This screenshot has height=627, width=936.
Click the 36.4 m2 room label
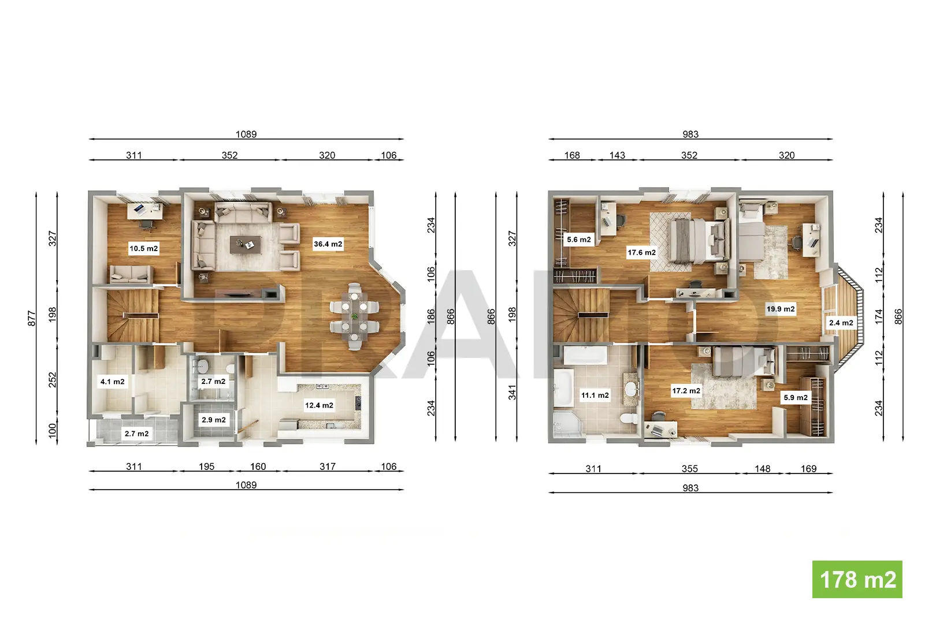pyautogui.click(x=328, y=244)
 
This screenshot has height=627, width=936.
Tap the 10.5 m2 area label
pyautogui.click(x=144, y=248)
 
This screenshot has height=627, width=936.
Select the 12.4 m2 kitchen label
pyautogui.click(x=320, y=405)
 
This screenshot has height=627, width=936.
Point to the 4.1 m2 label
pyautogui.click(x=113, y=382)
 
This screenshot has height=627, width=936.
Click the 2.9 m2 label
pyautogui.click(x=214, y=420)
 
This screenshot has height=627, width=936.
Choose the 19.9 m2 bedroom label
pyautogui.click(x=781, y=309)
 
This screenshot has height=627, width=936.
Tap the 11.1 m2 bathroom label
pyautogui.click(x=595, y=395)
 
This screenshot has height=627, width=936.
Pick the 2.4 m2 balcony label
pyautogui.click(x=841, y=323)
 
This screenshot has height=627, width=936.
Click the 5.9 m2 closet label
pyautogui.click(x=796, y=397)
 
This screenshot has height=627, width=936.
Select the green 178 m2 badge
pyautogui.click(x=857, y=580)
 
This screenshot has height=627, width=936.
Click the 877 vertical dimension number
pyautogui.click(x=32, y=318)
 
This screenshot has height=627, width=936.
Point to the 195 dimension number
pyautogui.click(x=206, y=466)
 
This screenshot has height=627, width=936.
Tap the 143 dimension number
pyautogui.click(x=617, y=155)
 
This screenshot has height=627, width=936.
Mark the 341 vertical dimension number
pyautogui.click(x=512, y=393)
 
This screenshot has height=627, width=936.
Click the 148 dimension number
pyautogui.click(x=763, y=468)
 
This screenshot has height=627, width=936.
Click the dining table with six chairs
pyautogui.click(x=354, y=317)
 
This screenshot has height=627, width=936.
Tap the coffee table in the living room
pyautogui.click(x=246, y=245)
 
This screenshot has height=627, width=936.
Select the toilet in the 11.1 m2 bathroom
pyautogui.click(x=628, y=418)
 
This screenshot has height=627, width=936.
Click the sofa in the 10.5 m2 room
pyautogui.click(x=131, y=274)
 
